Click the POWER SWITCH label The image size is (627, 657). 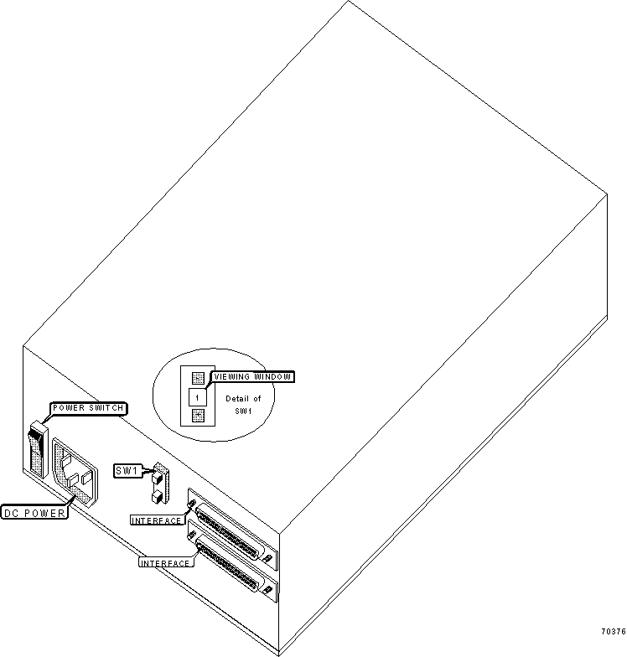click(88, 408)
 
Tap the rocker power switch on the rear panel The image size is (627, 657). click(37, 449)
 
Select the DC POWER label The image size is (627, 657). click(34, 513)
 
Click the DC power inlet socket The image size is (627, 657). click(75, 473)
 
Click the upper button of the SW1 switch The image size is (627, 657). click(158, 478)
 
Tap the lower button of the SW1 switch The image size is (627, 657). click(158, 498)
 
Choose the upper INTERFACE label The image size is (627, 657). click(156, 520)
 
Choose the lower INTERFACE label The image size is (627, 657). click(165, 563)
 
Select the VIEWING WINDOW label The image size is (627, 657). click(251, 377)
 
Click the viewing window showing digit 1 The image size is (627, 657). click(198, 397)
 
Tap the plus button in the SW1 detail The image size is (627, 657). click(198, 416)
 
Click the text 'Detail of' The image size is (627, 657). click(243, 399)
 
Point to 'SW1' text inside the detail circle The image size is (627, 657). click(243, 411)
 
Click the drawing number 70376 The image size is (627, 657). click(614, 632)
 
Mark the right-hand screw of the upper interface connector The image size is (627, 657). click(267, 558)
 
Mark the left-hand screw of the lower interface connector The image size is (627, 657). click(192, 535)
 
